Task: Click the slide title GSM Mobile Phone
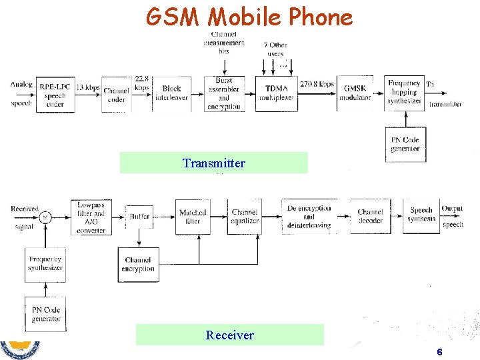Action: click(x=249, y=16)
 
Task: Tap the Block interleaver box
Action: click(x=171, y=93)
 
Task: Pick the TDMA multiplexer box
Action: click(x=275, y=93)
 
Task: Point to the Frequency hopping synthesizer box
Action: click(x=405, y=93)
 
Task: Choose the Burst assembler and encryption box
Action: click(x=223, y=93)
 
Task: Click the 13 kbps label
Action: click(x=88, y=87)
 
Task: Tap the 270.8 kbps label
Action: click(x=317, y=85)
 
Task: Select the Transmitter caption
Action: click(x=214, y=163)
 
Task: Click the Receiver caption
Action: click(x=229, y=335)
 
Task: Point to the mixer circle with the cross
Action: click(x=45, y=217)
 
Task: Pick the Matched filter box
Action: click(x=193, y=217)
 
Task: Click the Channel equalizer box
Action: click(x=245, y=217)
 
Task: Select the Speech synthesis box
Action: click(x=421, y=215)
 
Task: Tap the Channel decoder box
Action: click(x=370, y=216)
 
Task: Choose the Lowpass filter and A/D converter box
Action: click(x=91, y=217)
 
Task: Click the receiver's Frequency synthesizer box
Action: click(x=45, y=263)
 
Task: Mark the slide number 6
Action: click(x=439, y=352)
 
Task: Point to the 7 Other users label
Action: click(x=275, y=49)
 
